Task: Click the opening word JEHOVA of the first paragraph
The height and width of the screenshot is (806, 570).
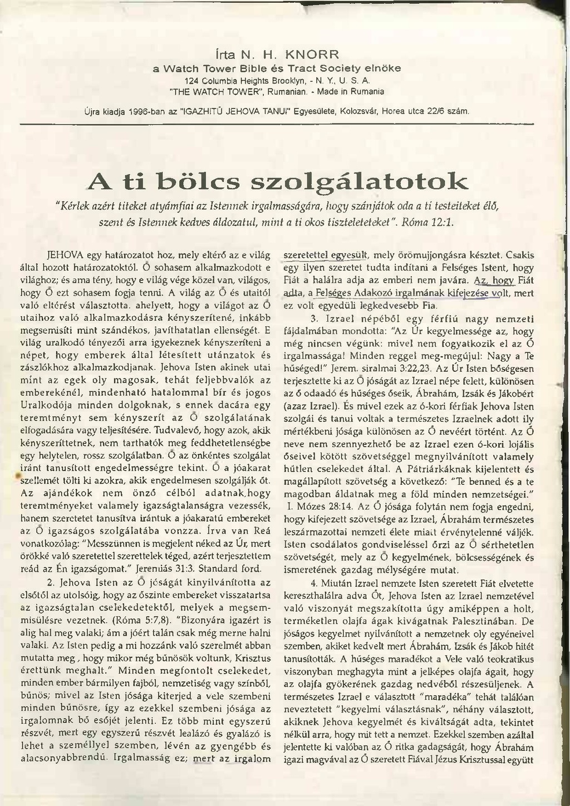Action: click(66, 255)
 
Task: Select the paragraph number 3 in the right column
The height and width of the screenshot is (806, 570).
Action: click(313, 318)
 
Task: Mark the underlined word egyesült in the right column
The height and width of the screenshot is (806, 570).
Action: click(349, 255)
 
